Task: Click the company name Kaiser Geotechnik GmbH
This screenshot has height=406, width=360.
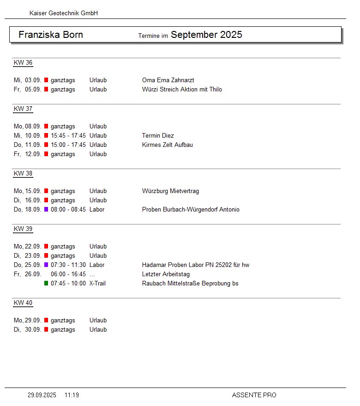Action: (x=64, y=13)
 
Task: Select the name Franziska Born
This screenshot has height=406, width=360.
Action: (x=51, y=35)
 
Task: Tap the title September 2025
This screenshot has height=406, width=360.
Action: (x=206, y=35)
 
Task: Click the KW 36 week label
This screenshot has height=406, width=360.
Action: (x=23, y=63)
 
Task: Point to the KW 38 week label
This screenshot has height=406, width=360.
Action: (x=23, y=174)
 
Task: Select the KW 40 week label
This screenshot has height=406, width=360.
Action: (x=23, y=303)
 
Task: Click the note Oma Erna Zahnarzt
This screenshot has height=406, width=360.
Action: (x=168, y=80)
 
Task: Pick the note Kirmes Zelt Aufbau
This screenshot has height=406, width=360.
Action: (x=168, y=145)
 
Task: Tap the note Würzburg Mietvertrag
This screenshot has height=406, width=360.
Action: (x=171, y=191)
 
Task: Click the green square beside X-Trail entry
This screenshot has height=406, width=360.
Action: (x=46, y=283)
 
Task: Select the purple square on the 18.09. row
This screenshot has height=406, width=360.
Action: (x=46, y=209)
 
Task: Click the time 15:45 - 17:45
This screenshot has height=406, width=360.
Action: (x=68, y=136)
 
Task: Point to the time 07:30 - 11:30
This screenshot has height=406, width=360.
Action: (x=68, y=265)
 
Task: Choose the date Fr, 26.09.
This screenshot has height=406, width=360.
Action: (x=28, y=274)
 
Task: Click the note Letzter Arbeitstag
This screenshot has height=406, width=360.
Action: (x=166, y=274)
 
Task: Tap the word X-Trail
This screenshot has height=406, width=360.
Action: (x=97, y=284)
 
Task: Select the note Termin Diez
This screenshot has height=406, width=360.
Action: (x=158, y=136)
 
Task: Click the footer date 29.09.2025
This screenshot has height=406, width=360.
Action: (x=42, y=395)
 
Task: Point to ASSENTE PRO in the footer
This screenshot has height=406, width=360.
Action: (x=254, y=395)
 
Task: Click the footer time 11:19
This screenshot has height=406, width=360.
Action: (x=72, y=395)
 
